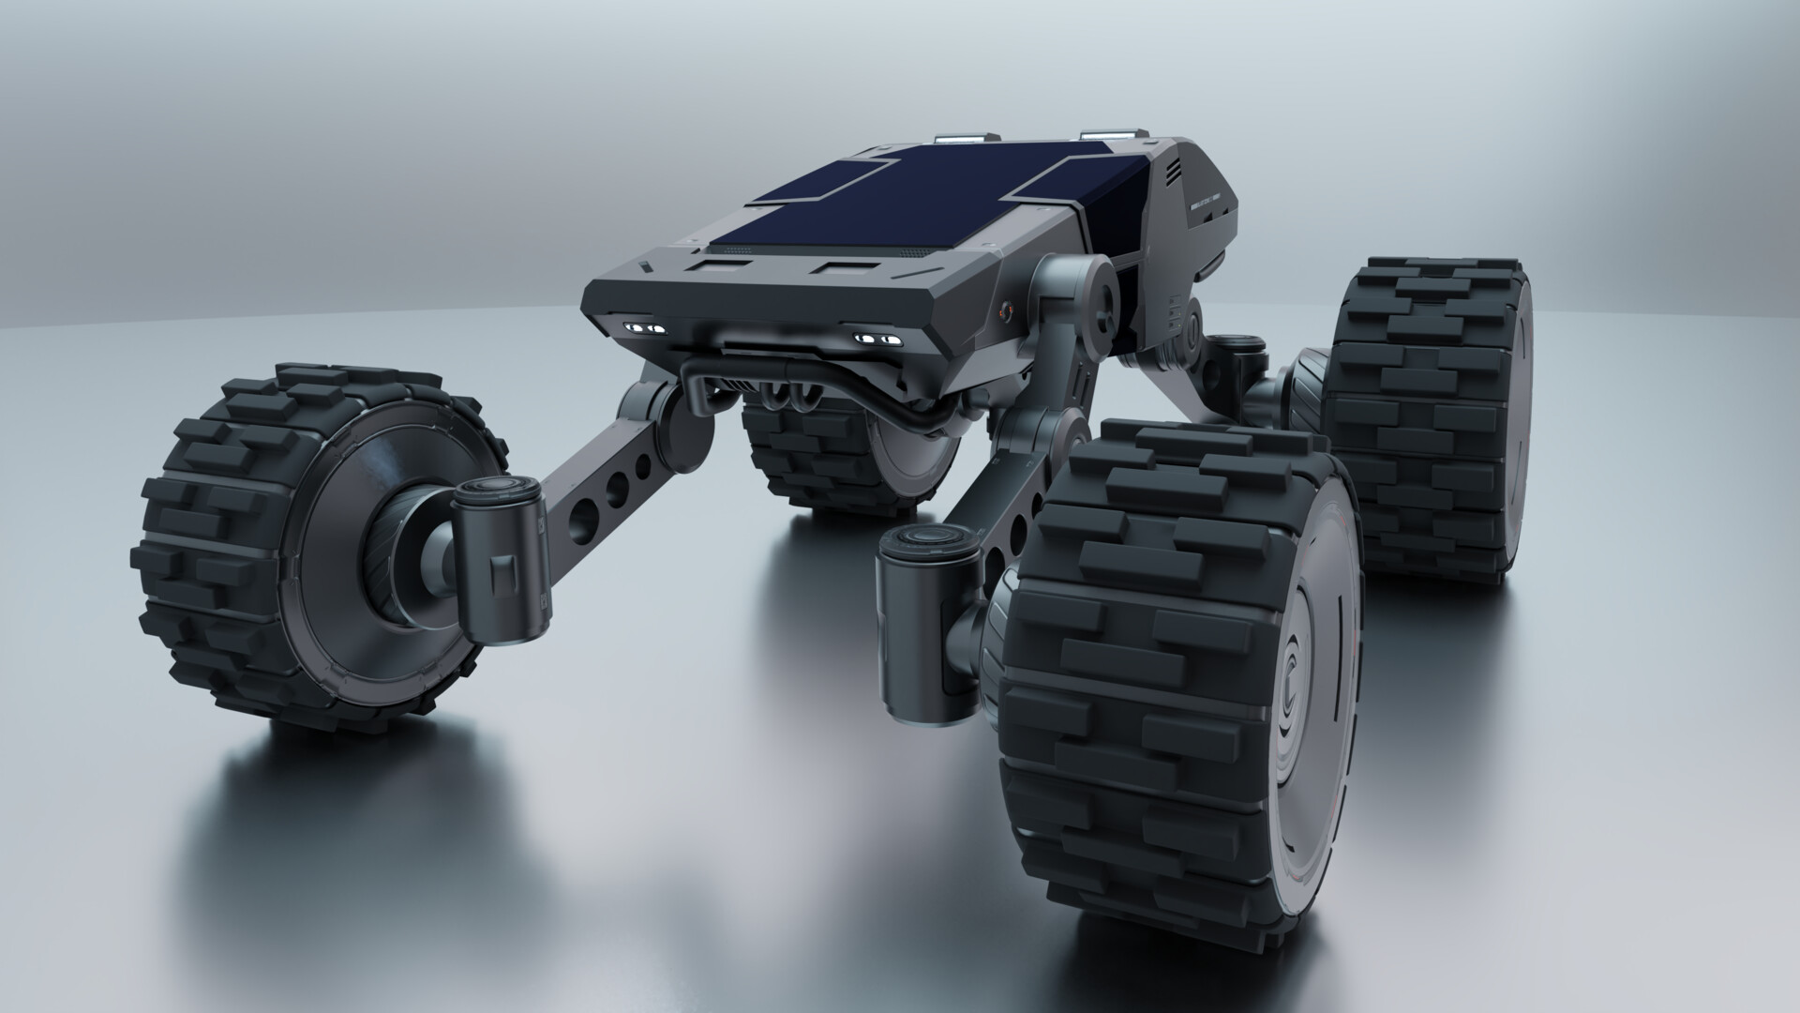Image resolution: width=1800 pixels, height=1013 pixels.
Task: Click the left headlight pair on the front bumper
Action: coord(644,327)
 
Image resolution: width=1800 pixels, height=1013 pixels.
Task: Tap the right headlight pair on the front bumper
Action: coord(877,338)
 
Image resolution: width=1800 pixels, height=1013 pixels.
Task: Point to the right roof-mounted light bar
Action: coord(1110,136)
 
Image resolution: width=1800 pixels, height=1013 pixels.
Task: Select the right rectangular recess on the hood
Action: coord(844,271)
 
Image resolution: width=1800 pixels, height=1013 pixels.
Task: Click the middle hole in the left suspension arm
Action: coord(617,487)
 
